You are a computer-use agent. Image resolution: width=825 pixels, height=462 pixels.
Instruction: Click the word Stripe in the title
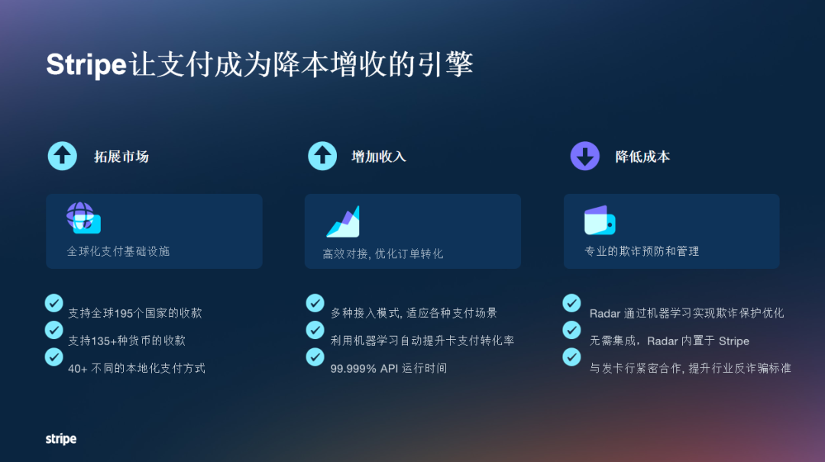86,65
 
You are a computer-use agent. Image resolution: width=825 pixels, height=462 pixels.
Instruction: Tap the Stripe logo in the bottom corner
61,439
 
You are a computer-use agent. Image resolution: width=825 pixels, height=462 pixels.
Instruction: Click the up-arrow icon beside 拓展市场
63,156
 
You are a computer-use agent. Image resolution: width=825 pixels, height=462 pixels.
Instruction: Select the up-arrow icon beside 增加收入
322,156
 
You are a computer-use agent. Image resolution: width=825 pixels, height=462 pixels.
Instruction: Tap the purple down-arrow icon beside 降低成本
585,156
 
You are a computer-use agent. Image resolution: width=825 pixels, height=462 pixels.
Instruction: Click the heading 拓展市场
121,157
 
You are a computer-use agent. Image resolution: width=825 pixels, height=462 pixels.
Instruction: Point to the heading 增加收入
379,157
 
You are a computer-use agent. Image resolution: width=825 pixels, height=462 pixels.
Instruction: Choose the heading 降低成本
642,157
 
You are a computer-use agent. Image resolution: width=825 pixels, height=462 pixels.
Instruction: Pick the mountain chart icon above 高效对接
343,221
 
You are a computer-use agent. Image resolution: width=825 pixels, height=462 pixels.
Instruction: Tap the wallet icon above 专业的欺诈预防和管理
600,220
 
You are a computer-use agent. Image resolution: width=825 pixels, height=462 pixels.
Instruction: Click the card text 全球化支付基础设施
118,251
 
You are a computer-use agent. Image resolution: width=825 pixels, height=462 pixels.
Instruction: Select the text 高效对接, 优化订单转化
383,254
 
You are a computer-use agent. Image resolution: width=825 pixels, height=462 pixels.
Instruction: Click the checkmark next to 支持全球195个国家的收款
53,303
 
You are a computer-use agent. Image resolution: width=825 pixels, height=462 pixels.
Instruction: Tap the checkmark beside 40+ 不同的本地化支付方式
53,357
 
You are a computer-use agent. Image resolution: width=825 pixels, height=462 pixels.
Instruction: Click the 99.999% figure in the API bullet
354,368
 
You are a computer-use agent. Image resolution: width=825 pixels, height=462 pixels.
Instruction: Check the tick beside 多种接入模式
315,303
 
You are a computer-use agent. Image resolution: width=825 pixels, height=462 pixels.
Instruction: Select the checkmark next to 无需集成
571,330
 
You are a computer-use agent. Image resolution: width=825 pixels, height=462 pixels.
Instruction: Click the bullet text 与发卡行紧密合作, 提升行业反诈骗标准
690,368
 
